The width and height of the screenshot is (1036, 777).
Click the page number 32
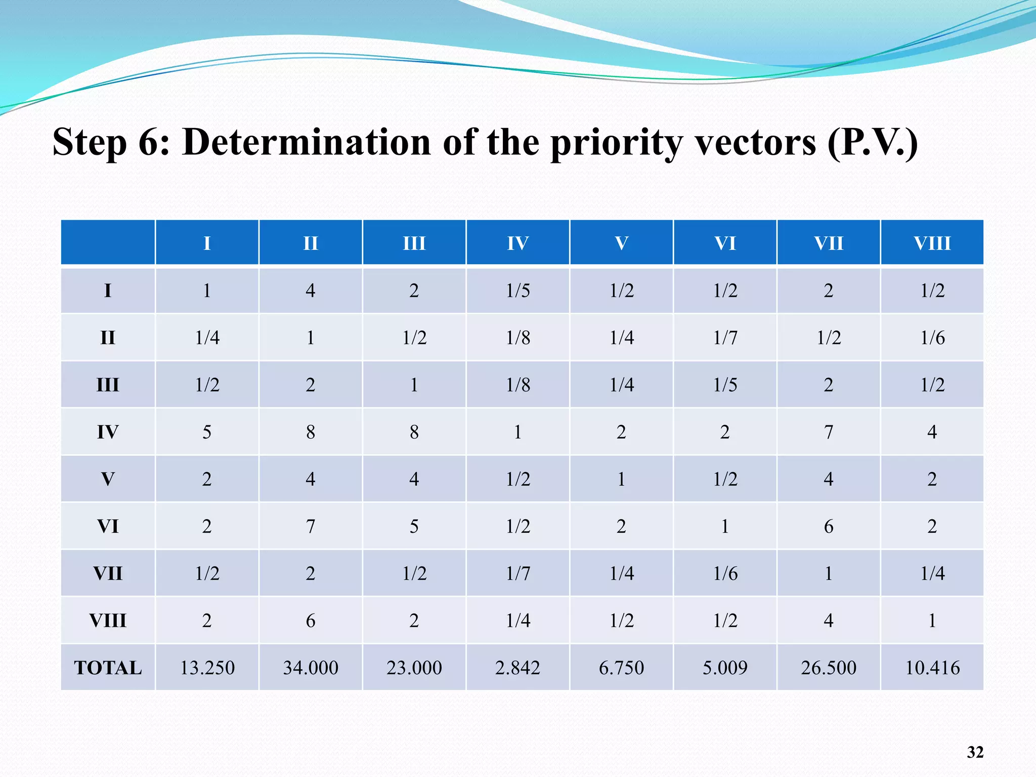click(x=975, y=752)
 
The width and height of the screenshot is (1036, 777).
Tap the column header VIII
click(x=932, y=243)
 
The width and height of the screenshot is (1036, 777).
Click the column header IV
click(x=517, y=243)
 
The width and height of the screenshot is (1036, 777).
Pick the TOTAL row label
click(x=108, y=668)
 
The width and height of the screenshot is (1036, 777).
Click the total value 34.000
click(x=311, y=668)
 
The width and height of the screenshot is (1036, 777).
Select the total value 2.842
click(x=517, y=668)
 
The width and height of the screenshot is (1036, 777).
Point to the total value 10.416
click(x=932, y=668)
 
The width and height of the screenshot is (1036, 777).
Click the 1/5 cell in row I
click(x=517, y=291)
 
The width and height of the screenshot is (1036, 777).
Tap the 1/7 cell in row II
click(x=725, y=337)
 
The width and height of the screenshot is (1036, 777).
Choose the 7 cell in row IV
click(x=829, y=432)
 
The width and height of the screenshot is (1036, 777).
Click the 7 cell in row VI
click(x=311, y=527)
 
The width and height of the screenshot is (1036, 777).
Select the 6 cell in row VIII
click(x=311, y=621)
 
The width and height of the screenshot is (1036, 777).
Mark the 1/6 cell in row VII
click(x=725, y=574)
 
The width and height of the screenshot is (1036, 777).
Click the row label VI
click(x=108, y=527)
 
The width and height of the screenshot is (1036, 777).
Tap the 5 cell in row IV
click(x=207, y=432)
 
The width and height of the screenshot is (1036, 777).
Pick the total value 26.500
click(x=829, y=668)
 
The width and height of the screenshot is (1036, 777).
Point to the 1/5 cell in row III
click(x=725, y=385)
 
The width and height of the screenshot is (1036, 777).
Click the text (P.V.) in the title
click(x=872, y=142)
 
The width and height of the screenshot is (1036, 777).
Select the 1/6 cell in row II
click(x=932, y=337)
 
